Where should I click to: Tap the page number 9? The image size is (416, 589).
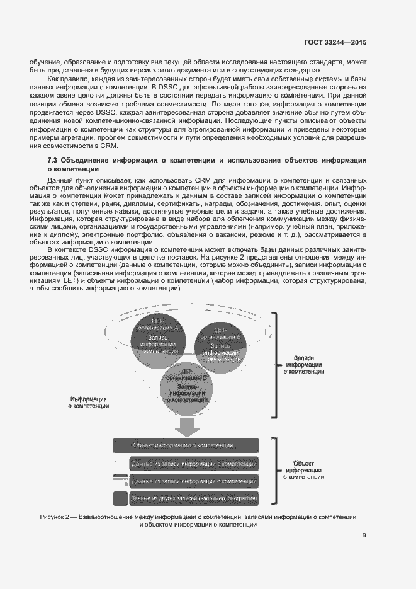coord(364,536)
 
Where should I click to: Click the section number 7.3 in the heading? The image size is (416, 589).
coord(53,161)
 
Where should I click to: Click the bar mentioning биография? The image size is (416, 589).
coord(194,499)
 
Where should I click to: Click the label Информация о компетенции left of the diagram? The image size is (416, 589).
coord(88,403)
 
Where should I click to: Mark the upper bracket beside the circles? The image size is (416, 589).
coord(275,363)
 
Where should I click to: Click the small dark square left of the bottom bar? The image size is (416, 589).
coord(120,499)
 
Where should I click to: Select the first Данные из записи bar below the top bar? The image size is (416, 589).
coord(194,464)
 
